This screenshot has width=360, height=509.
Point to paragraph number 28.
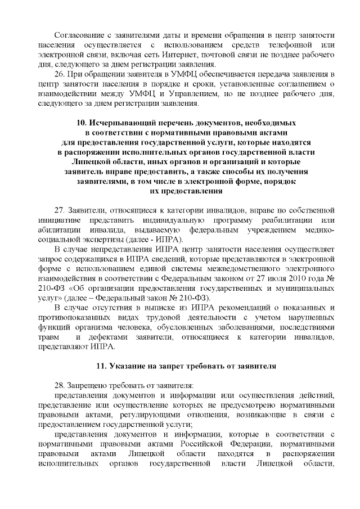pos(58,386)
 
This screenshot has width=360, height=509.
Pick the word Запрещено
pos(87,386)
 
